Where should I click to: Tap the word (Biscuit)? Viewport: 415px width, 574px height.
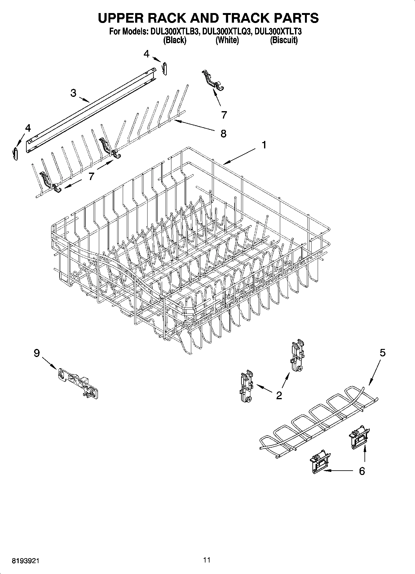click(284, 40)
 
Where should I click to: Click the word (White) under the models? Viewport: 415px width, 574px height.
click(227, 40)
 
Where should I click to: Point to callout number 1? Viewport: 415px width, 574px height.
click(264, 145)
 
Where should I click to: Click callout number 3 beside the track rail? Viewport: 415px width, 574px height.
click(73, 93)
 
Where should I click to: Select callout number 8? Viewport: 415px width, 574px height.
click(223, 133)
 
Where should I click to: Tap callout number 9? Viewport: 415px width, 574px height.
click(37, 353)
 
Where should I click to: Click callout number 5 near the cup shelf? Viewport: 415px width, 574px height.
click(382, 353)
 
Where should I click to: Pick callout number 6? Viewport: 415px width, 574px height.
click(362, 471)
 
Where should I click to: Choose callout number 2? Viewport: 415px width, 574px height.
click(279, 395)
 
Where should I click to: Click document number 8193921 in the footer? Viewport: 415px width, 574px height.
click(26, 561)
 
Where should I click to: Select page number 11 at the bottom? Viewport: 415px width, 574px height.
click(207, 560)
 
